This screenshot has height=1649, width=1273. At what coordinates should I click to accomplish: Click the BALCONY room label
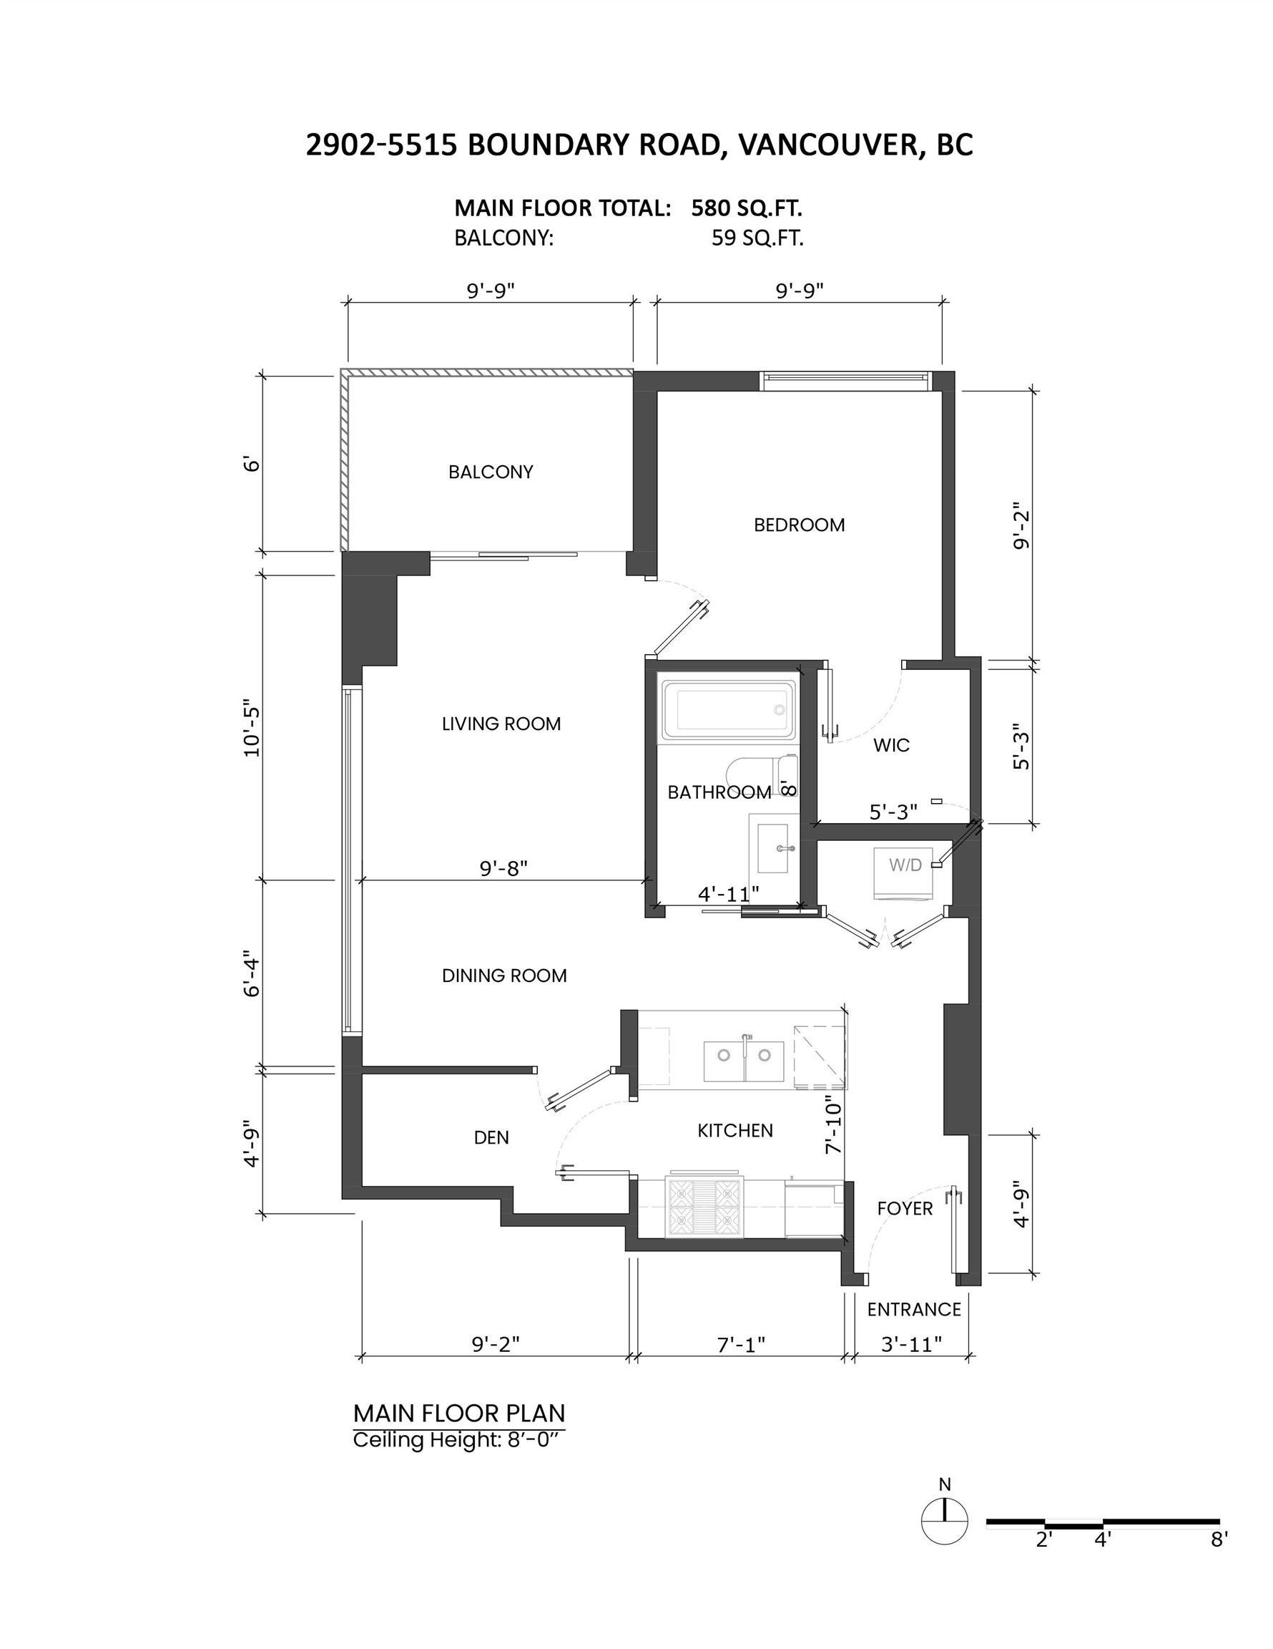pos(491,472)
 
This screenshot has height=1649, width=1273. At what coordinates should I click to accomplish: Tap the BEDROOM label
pos(799,525)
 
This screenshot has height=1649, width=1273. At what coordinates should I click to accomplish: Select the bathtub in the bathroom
pos(727,711)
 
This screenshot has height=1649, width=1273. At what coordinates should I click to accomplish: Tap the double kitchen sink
pos(743,1061)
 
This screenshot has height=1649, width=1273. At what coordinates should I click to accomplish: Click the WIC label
pos(891,745)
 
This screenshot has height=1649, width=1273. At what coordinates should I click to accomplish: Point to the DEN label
pos(491,1138)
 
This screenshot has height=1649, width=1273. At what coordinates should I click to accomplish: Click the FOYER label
pos(905,1209)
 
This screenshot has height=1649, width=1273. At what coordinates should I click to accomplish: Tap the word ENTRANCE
pos(914,1309)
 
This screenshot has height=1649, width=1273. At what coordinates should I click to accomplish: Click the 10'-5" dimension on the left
pos(251,731)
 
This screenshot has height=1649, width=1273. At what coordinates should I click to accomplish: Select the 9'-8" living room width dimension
pos(503,868)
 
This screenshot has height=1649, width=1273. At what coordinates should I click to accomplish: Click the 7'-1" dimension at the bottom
pos(741,1344)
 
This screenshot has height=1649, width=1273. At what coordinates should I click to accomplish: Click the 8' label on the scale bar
pos(1219,1539)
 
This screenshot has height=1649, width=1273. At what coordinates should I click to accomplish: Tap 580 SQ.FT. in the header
pos(745,208)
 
